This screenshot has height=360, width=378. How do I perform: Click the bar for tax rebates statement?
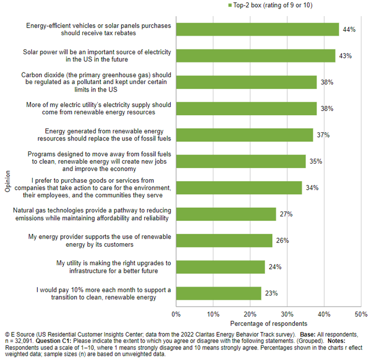[258, 29]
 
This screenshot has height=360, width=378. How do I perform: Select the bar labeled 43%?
[256, 56]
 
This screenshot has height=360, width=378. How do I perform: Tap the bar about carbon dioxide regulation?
[246, 82]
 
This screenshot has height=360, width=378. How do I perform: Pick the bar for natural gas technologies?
[226, 214]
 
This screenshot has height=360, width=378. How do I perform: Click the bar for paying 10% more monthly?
[219, 293]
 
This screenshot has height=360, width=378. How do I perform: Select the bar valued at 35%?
[241, 161]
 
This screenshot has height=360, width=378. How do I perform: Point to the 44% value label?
[349, 30]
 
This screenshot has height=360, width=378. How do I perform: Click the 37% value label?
[323, 135]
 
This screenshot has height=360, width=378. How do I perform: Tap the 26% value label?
[282, 241]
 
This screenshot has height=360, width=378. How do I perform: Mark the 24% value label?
[275, 267]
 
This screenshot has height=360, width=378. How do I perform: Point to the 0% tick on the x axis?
[176, 314]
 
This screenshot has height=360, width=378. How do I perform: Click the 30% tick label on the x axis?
[287, 314]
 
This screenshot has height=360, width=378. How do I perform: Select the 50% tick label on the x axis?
[361, 314]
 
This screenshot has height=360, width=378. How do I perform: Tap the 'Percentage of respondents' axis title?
[269, 323]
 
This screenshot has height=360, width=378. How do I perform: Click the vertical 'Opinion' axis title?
[8, 182]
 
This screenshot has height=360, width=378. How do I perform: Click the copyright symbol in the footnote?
[7, 334]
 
